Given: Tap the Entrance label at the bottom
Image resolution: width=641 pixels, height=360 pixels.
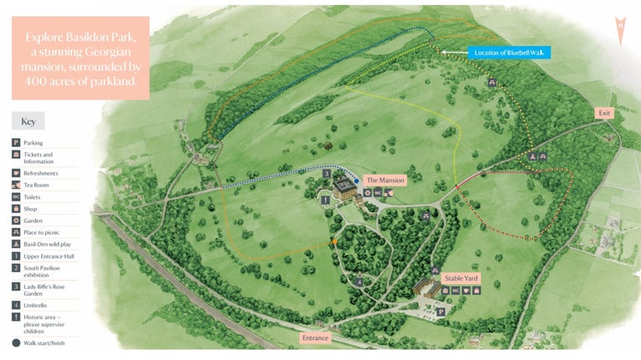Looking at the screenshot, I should coord(316,338).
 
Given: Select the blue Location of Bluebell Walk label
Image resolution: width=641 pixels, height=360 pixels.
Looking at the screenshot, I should coord(509,53).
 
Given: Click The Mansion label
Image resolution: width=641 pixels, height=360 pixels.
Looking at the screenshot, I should coord(385,180).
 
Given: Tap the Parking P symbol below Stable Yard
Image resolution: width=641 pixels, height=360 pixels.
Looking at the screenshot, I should coord(442,311).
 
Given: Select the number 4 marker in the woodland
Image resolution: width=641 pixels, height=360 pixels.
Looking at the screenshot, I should coord(359,282).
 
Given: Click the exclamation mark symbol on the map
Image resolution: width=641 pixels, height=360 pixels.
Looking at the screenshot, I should coord(327,200).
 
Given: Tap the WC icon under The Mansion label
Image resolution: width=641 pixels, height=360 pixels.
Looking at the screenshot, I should coord(379,193).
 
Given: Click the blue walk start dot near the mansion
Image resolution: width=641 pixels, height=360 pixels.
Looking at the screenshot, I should coord(357,179).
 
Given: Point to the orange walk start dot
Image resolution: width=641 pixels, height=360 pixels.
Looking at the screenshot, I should coord(335,241).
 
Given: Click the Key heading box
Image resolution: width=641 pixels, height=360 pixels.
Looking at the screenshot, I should coord(28,120).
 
